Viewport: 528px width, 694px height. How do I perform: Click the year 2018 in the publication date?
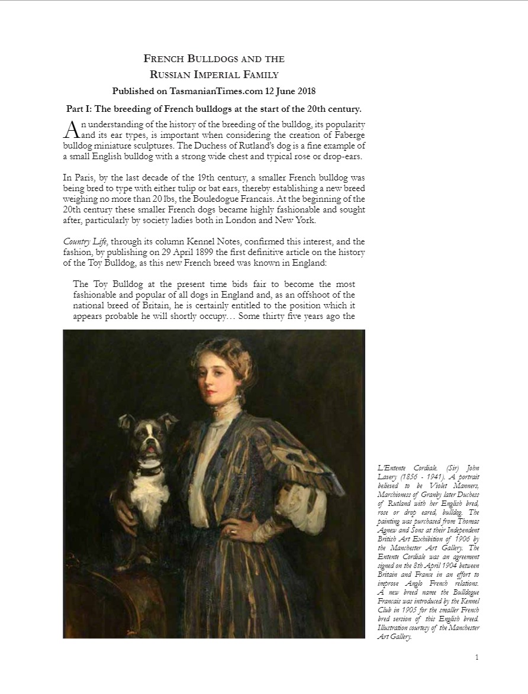(305, 91)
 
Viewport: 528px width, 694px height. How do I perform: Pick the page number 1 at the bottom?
(477, 657)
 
